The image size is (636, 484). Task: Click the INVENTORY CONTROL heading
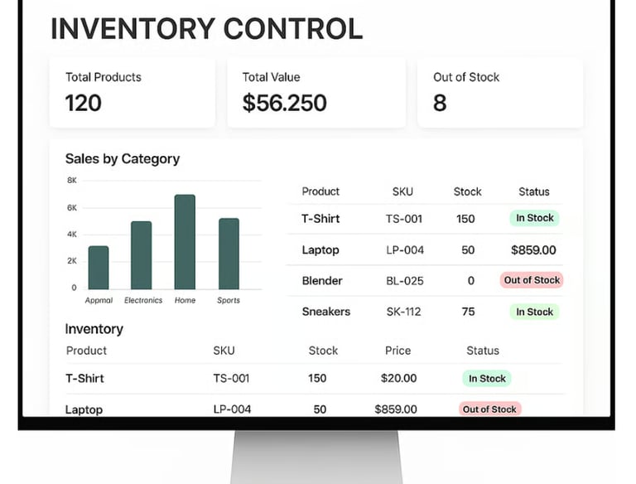206,28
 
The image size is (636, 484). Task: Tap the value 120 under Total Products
83,103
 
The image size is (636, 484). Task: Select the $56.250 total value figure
284,103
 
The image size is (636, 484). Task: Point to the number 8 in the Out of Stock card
440,103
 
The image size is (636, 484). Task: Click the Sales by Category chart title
123,158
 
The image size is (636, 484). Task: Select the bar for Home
185,242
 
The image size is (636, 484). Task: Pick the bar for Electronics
142,255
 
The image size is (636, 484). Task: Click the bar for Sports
229,254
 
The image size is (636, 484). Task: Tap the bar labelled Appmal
99,267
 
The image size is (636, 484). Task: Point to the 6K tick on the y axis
71,207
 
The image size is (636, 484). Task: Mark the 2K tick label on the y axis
71,261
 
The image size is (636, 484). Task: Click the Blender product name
322,280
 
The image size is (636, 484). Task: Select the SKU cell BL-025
404,280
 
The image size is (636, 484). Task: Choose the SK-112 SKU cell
404,312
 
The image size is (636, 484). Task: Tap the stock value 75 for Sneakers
469,312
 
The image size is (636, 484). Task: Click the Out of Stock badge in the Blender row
532,280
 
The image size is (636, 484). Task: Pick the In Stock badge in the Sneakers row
534,312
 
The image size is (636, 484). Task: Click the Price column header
397,351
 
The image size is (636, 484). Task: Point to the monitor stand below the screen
316,456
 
